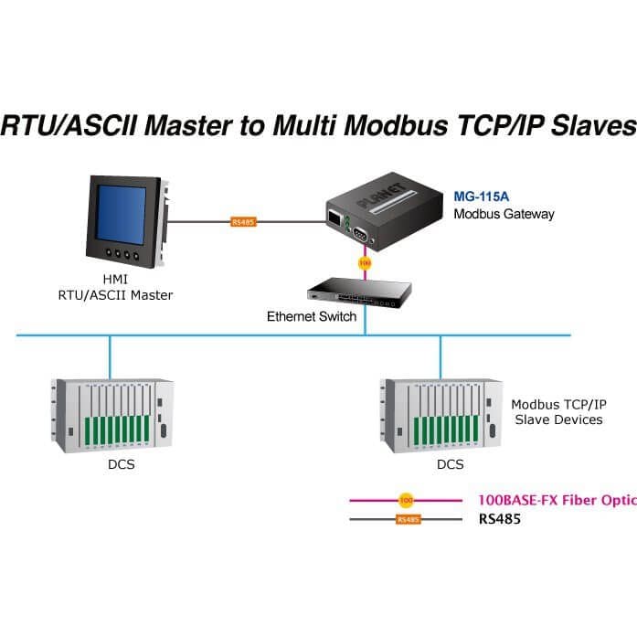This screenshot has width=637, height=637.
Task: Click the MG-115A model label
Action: pyautogui.click(x=481, y=196)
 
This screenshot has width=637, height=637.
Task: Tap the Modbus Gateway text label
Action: pyautogui.click(x=504, y=214)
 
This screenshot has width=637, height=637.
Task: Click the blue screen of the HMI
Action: pyautogui.click(x=121, y=215)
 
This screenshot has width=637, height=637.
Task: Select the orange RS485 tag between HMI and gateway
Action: pyautogui.click(x=243, y=222)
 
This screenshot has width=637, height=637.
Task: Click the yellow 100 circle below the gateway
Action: pyautogui.click(x=365, y=263)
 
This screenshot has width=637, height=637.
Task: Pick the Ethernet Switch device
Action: pyautogui.click(x=359, y=292)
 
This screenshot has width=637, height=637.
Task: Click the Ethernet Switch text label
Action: pyautogui.click(x=312, y=316)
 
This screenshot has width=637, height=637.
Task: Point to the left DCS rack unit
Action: pyautogui.click(x=112, y=415)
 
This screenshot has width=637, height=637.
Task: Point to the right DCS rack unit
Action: pyautogui.click(x=441, y=415)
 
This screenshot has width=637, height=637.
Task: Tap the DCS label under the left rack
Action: pyautogui.click(x=121, y=464)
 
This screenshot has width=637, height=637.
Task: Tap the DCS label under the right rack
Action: pyautogui.click(x=451, y=464)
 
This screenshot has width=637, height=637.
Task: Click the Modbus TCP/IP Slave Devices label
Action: pyautogui.click(x=558, y=412)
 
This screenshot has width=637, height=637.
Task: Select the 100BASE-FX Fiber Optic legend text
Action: pyautogui.click(x=557, y=500)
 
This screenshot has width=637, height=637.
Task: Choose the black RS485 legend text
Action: pyautogui.click(x=500, y=519)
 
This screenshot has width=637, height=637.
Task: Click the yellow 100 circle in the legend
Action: pyautogui.click(x=407, y=500)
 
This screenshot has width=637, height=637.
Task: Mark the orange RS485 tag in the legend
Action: pyautogui.click(x=409, y=520)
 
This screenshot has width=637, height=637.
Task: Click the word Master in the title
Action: pyautogui.click(x=188, y=124)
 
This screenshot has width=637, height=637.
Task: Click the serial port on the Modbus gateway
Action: pyautogui.click(x=360, y=234)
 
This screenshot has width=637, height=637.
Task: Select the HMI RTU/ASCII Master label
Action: pyautogui.click(x=115, y=287)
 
